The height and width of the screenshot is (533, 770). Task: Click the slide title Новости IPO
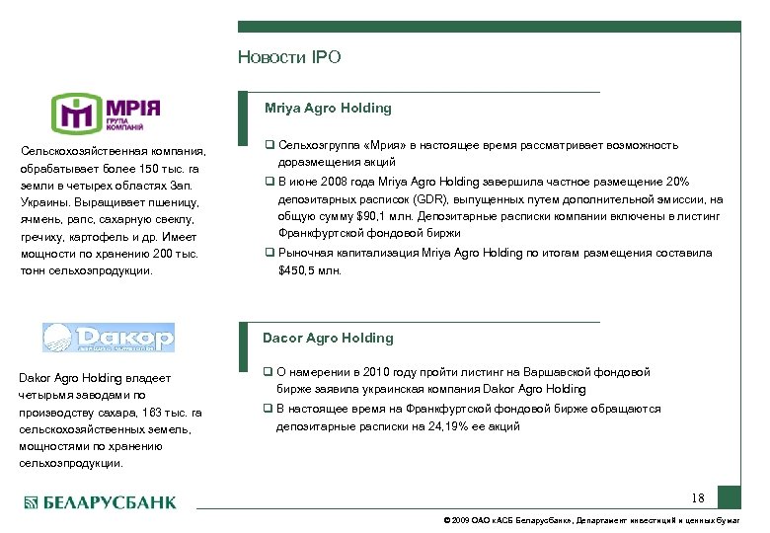tap(289, 57)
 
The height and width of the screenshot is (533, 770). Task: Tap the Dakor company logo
tap(108, 338)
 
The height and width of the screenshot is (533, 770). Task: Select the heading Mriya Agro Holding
tap(328, 108)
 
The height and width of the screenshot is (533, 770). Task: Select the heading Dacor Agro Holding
tap(328, 338)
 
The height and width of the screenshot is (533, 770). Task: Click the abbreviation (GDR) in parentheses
tap(401, 198)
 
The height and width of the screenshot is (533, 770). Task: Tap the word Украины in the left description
tap(43, 202)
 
